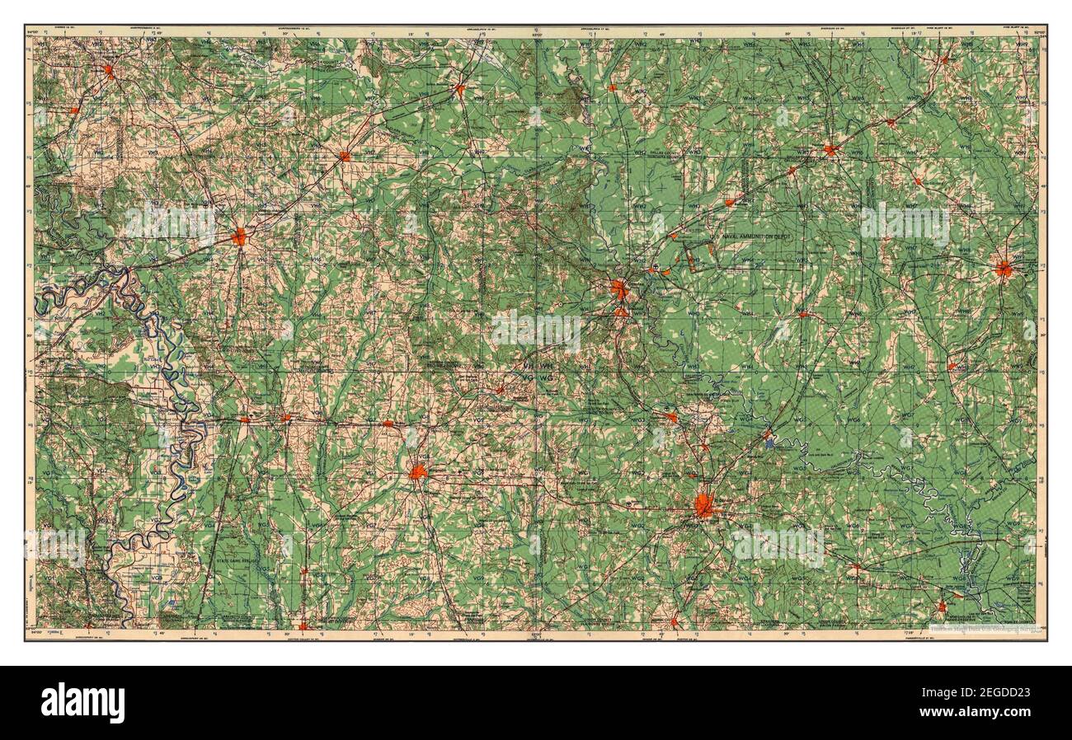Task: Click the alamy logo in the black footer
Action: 83,703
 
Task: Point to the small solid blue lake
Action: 770,443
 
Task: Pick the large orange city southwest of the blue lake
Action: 703,505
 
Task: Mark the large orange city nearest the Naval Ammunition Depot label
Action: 619,288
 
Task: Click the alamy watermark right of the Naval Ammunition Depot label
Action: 905,221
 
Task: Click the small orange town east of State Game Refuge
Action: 304,569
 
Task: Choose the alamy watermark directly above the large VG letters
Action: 537,330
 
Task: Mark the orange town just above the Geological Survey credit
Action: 942,607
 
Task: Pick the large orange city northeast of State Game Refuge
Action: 419,472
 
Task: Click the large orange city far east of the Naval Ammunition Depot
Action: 1003,268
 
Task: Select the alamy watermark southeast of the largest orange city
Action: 778,544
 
